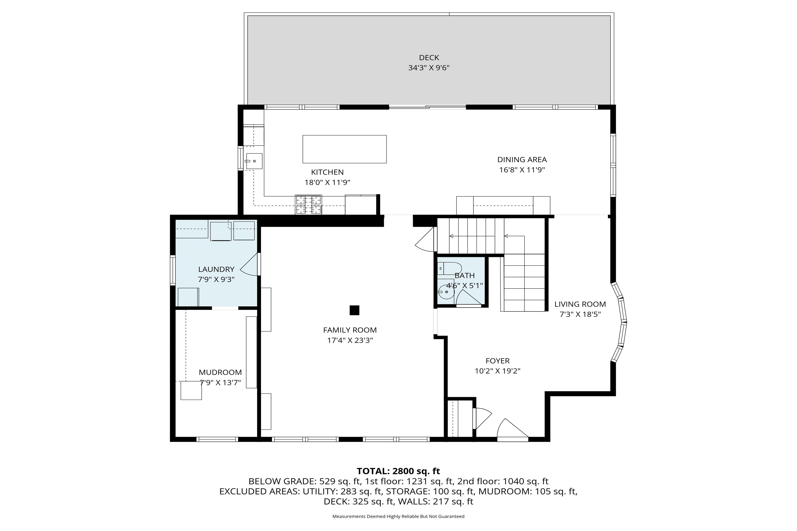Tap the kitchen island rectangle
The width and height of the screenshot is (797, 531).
pos(344,149)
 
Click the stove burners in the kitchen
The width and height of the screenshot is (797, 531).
pos(308,205)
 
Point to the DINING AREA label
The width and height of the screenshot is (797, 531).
pos(522,160)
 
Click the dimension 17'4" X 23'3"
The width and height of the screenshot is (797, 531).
pos(350,340)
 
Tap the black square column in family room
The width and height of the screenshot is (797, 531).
pos(354,310)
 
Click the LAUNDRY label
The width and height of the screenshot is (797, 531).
pos(216,269)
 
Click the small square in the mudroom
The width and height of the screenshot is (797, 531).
pos(191,391)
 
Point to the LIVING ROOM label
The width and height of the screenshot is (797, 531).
pos(580,304)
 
